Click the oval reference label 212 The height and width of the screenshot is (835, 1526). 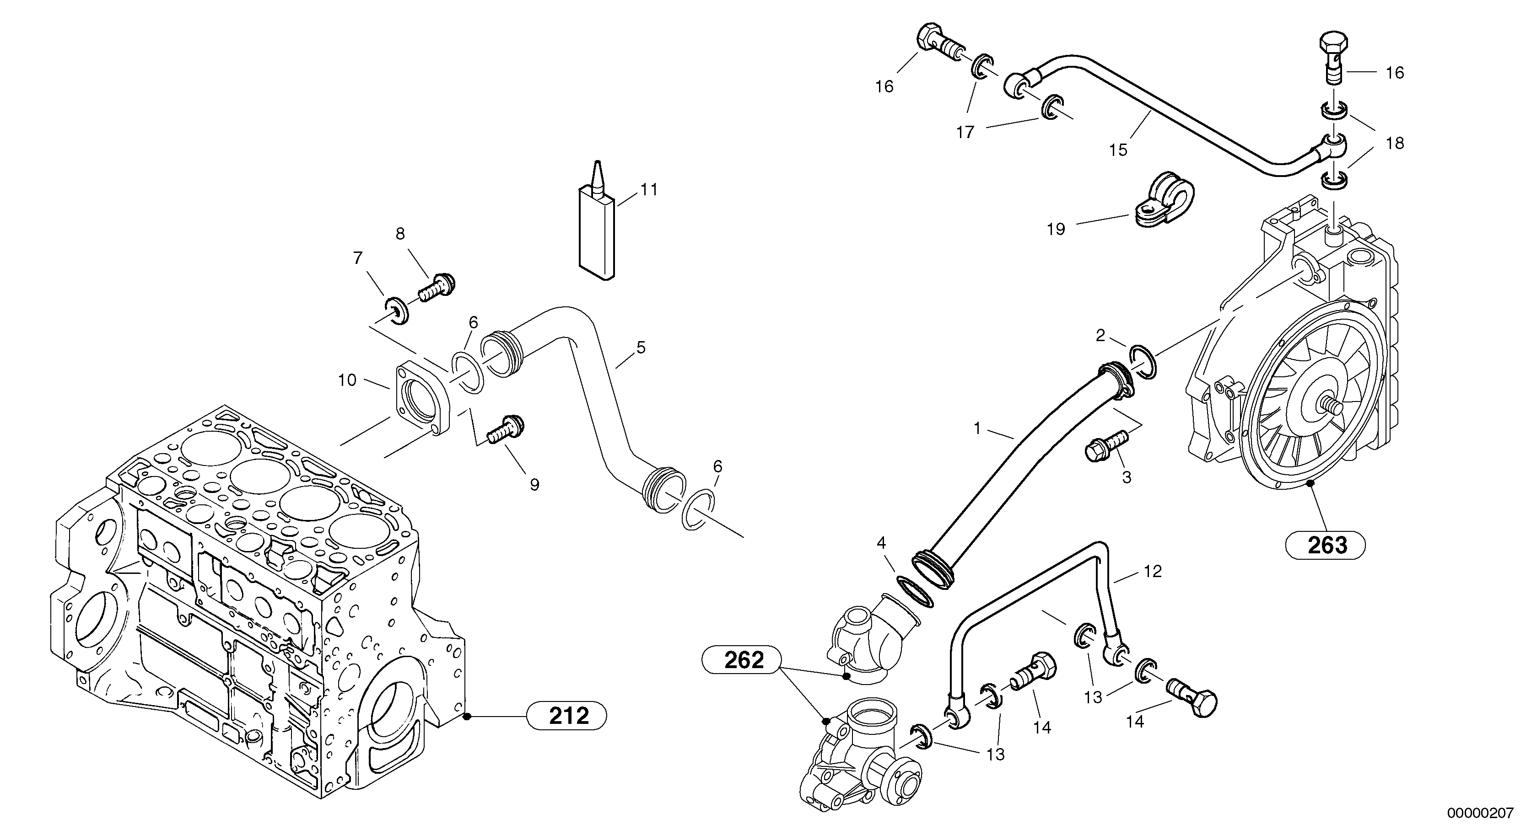567,716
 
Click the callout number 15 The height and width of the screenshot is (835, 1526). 1118,150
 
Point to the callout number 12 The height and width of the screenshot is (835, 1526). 1153,572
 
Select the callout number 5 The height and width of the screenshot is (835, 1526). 641,348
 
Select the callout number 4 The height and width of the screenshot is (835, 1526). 881,543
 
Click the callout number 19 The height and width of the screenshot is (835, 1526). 1056,229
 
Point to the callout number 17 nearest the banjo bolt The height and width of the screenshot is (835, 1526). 965,132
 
